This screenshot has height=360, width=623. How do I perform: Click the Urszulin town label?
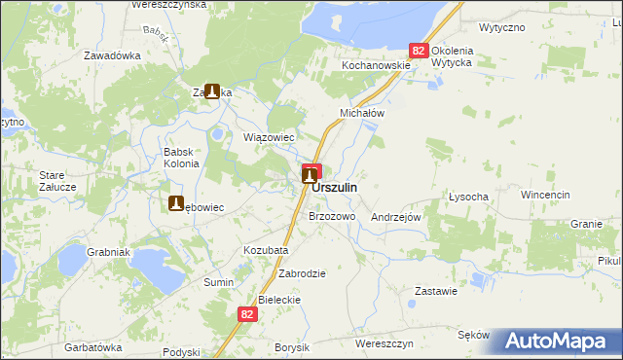(334, 187)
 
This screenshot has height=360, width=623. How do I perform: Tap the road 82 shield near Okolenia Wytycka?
(419, 51)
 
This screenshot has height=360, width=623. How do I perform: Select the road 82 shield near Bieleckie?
(247, 314)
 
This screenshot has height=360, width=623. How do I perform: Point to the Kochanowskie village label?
(375, 65)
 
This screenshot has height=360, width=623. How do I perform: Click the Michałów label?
(363, 113)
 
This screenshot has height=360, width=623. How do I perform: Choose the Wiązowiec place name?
(269, 137)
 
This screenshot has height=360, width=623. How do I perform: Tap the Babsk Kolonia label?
(181, 158)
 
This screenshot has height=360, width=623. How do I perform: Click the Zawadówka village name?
(112, 55)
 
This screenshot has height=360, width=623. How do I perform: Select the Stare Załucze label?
(52, 181)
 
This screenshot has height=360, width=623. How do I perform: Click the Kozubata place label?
(266, 250)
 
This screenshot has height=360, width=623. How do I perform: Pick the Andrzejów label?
(396, 217)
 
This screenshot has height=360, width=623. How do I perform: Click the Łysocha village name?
(468, 197)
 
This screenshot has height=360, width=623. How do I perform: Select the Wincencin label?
(544, 195)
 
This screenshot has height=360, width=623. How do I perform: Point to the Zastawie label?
(436, 291)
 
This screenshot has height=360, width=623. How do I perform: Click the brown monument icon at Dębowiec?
(177, 204)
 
